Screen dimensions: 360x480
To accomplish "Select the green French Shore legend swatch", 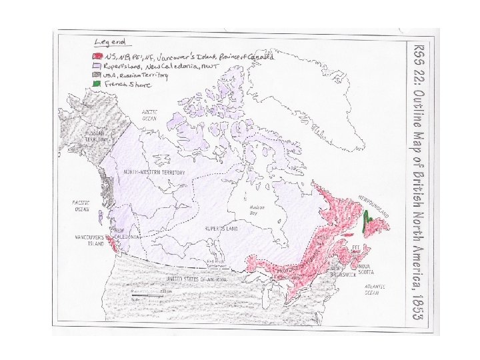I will coord(97,85).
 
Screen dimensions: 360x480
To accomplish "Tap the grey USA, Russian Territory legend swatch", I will coord(97,75).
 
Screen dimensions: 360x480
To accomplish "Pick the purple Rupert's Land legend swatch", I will coord(97,67).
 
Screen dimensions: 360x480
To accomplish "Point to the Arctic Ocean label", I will coord(149,116).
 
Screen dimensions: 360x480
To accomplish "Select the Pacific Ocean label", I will coord(81,205).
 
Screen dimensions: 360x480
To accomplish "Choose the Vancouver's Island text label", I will coord(88,240).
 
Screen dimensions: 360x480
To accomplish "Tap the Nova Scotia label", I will coord(364,269).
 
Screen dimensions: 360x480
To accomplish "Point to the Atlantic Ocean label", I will coord(371,289).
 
